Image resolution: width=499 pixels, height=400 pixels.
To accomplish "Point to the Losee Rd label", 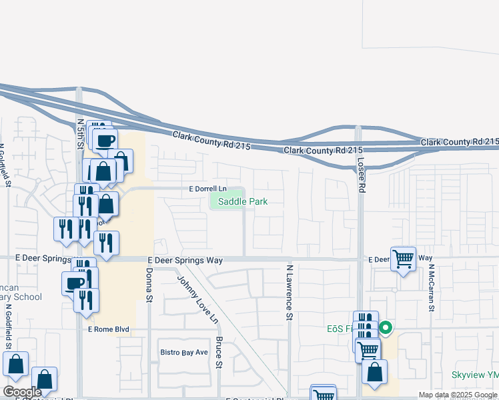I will pyautogui.click(x=362, y=175).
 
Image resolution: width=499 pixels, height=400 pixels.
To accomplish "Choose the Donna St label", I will pyautogui.click(x=147, y=286).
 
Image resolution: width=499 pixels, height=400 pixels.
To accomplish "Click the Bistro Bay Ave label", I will pyautogui.click(x=184, y=351).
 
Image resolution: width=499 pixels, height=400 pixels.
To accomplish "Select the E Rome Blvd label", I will pyautogui.click(x=107, y=329).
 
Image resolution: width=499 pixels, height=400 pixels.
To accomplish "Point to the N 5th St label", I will pyautogui.click(x=80, y=134).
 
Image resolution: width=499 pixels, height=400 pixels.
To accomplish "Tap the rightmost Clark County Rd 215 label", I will pyautogui.click(x=460, y=142).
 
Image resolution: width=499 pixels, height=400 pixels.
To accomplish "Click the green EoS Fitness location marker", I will pyautogui.click(x=386, y=328).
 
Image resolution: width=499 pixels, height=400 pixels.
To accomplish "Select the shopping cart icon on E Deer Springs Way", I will pyautogui.click(x=403, y=259).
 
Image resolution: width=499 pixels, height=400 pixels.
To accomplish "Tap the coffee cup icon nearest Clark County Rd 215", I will pyautogui.click(x=105, y=140).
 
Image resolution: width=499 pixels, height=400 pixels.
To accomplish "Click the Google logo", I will pyautogui.click(x=22, y=392).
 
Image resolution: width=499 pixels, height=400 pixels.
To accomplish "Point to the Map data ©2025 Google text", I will pyautogui.click(x=458, y=395).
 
